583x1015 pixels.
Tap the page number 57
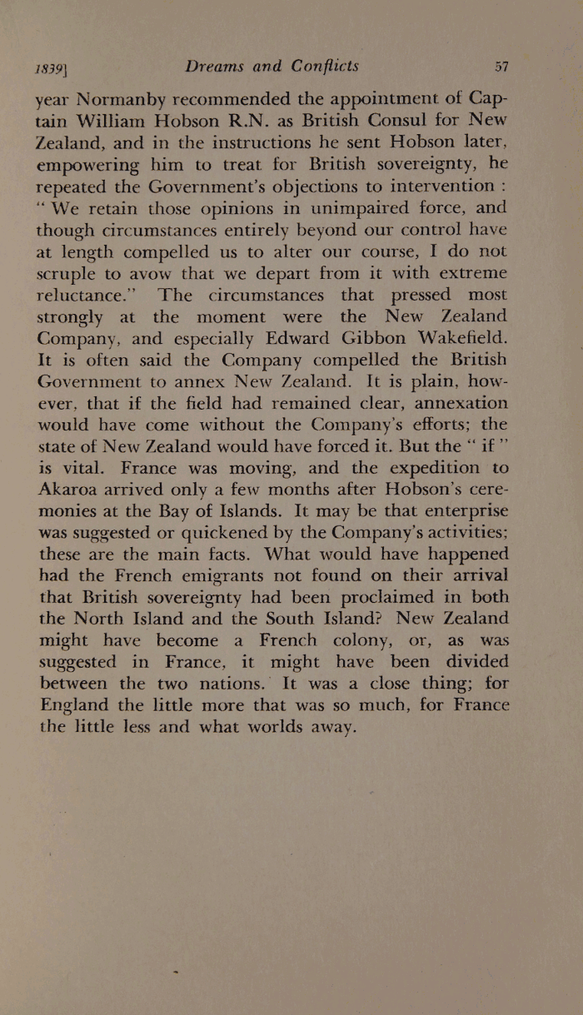[x=501, y=67]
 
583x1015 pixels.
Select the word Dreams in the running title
[x=220, y=67]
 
